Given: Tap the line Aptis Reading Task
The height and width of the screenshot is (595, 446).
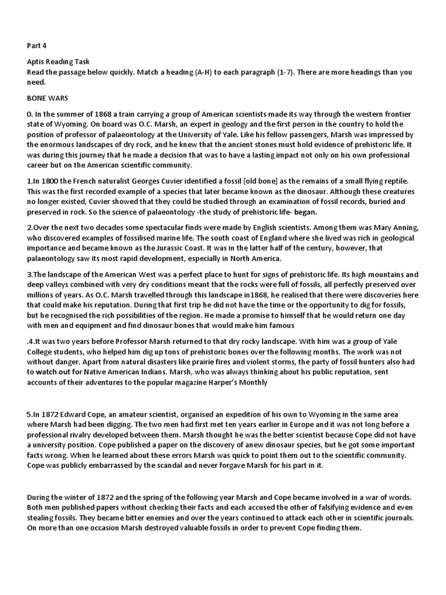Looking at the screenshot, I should pyautogui.click(x=59, y=63).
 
